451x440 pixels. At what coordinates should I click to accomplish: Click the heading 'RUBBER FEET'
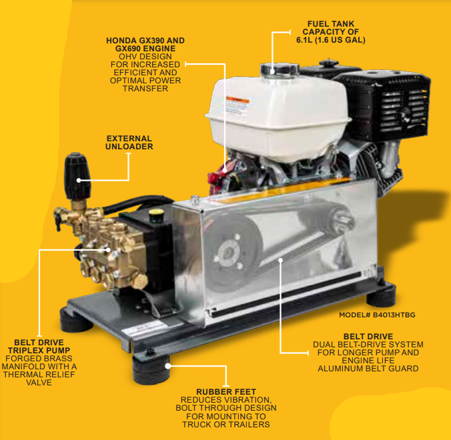(x=226, y=391)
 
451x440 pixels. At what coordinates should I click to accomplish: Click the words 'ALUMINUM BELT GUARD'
(x=368, y=369)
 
